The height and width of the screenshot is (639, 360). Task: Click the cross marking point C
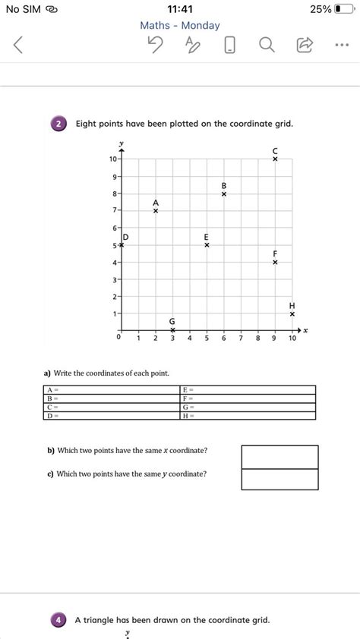[275, 159]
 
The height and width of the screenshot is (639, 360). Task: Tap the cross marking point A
[155, 211]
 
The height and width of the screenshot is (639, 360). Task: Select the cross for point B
[224, 194]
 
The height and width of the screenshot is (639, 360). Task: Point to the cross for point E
[207, 245]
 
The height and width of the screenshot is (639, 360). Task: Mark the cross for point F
[275, 263]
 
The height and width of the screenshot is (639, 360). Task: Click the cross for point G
[172, 330]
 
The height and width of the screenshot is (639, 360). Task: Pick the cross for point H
[292, 313]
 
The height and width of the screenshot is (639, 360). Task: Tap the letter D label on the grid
[126, 238]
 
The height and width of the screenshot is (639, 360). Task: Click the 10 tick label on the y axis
[112, 159]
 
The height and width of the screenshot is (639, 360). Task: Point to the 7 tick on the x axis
[241, 338]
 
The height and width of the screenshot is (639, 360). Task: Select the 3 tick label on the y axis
[113, 279]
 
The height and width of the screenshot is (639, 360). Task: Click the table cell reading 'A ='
[110, 389]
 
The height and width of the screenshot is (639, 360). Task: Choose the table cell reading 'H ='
[247, 415]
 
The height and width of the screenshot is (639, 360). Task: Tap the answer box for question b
[279, 457]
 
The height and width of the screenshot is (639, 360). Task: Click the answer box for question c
[279, 480]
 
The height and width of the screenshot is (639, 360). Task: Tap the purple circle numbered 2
[59, 124]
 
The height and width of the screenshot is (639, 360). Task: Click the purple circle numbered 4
[59, 620]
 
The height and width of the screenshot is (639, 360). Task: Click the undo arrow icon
[156, 46]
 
